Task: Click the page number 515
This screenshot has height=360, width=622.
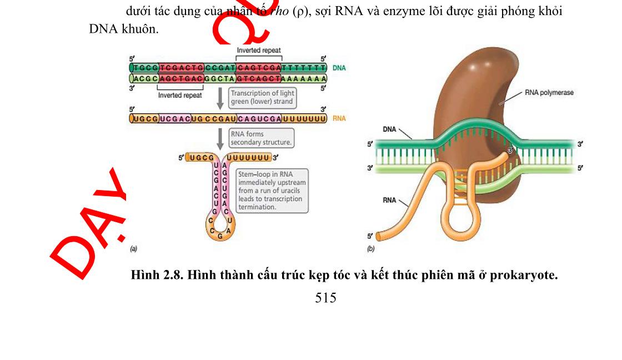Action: coord(325,298)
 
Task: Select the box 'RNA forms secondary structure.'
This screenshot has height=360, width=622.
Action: coord(261,138)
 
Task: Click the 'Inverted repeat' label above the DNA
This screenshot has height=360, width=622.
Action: coord(259,51)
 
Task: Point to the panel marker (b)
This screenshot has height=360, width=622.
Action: coord(371,249)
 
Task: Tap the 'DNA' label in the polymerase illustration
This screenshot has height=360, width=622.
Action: coord(390,129)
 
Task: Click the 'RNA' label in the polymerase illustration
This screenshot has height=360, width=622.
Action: coord(390,199)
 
